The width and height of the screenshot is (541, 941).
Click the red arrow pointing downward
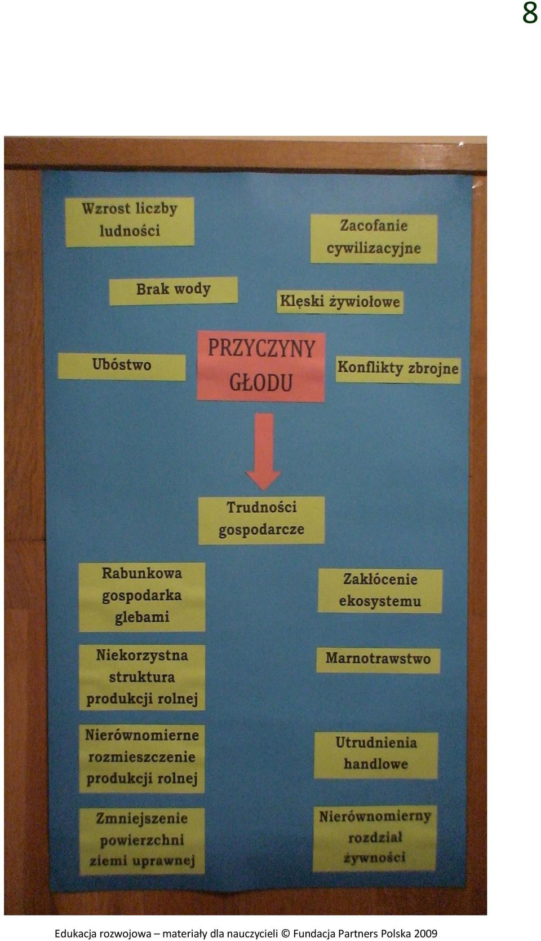click(x=263, y=451)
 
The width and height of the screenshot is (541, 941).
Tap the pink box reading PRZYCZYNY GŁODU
click(x=260, y=366)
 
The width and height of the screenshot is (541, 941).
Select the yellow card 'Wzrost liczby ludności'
click(x=130, y=222)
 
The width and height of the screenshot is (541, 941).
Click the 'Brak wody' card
click(x=174, y=291)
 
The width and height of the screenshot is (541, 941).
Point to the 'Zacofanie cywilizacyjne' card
click(x=374, y=239)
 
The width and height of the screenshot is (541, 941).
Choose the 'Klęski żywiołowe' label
click(x=340, y=302)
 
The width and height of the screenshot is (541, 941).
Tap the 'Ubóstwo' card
click(x=122, y=366)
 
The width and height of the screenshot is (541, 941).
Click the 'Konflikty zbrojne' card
click(x=398, y=370)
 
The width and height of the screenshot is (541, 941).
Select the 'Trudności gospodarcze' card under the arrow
click(x=261, y=520)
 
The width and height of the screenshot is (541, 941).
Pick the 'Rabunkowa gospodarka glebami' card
click(x=142, y=596)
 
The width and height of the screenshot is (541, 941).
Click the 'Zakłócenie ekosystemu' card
click(x=380, y=591)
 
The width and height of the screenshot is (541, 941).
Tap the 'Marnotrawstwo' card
click(x=378, y=660)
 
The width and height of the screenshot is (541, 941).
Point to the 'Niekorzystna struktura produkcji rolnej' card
click(x=142, y=677)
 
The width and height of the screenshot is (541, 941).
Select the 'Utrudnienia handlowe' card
click(x=376, y=755)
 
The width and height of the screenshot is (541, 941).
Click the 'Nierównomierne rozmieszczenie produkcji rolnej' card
click(x=142, y=759)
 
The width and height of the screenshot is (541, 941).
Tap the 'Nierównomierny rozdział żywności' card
click(x=375, y=838)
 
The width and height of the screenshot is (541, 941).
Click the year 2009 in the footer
click(x=425, y=934)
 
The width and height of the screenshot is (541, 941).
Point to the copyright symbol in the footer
click(x=285, y=934)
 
